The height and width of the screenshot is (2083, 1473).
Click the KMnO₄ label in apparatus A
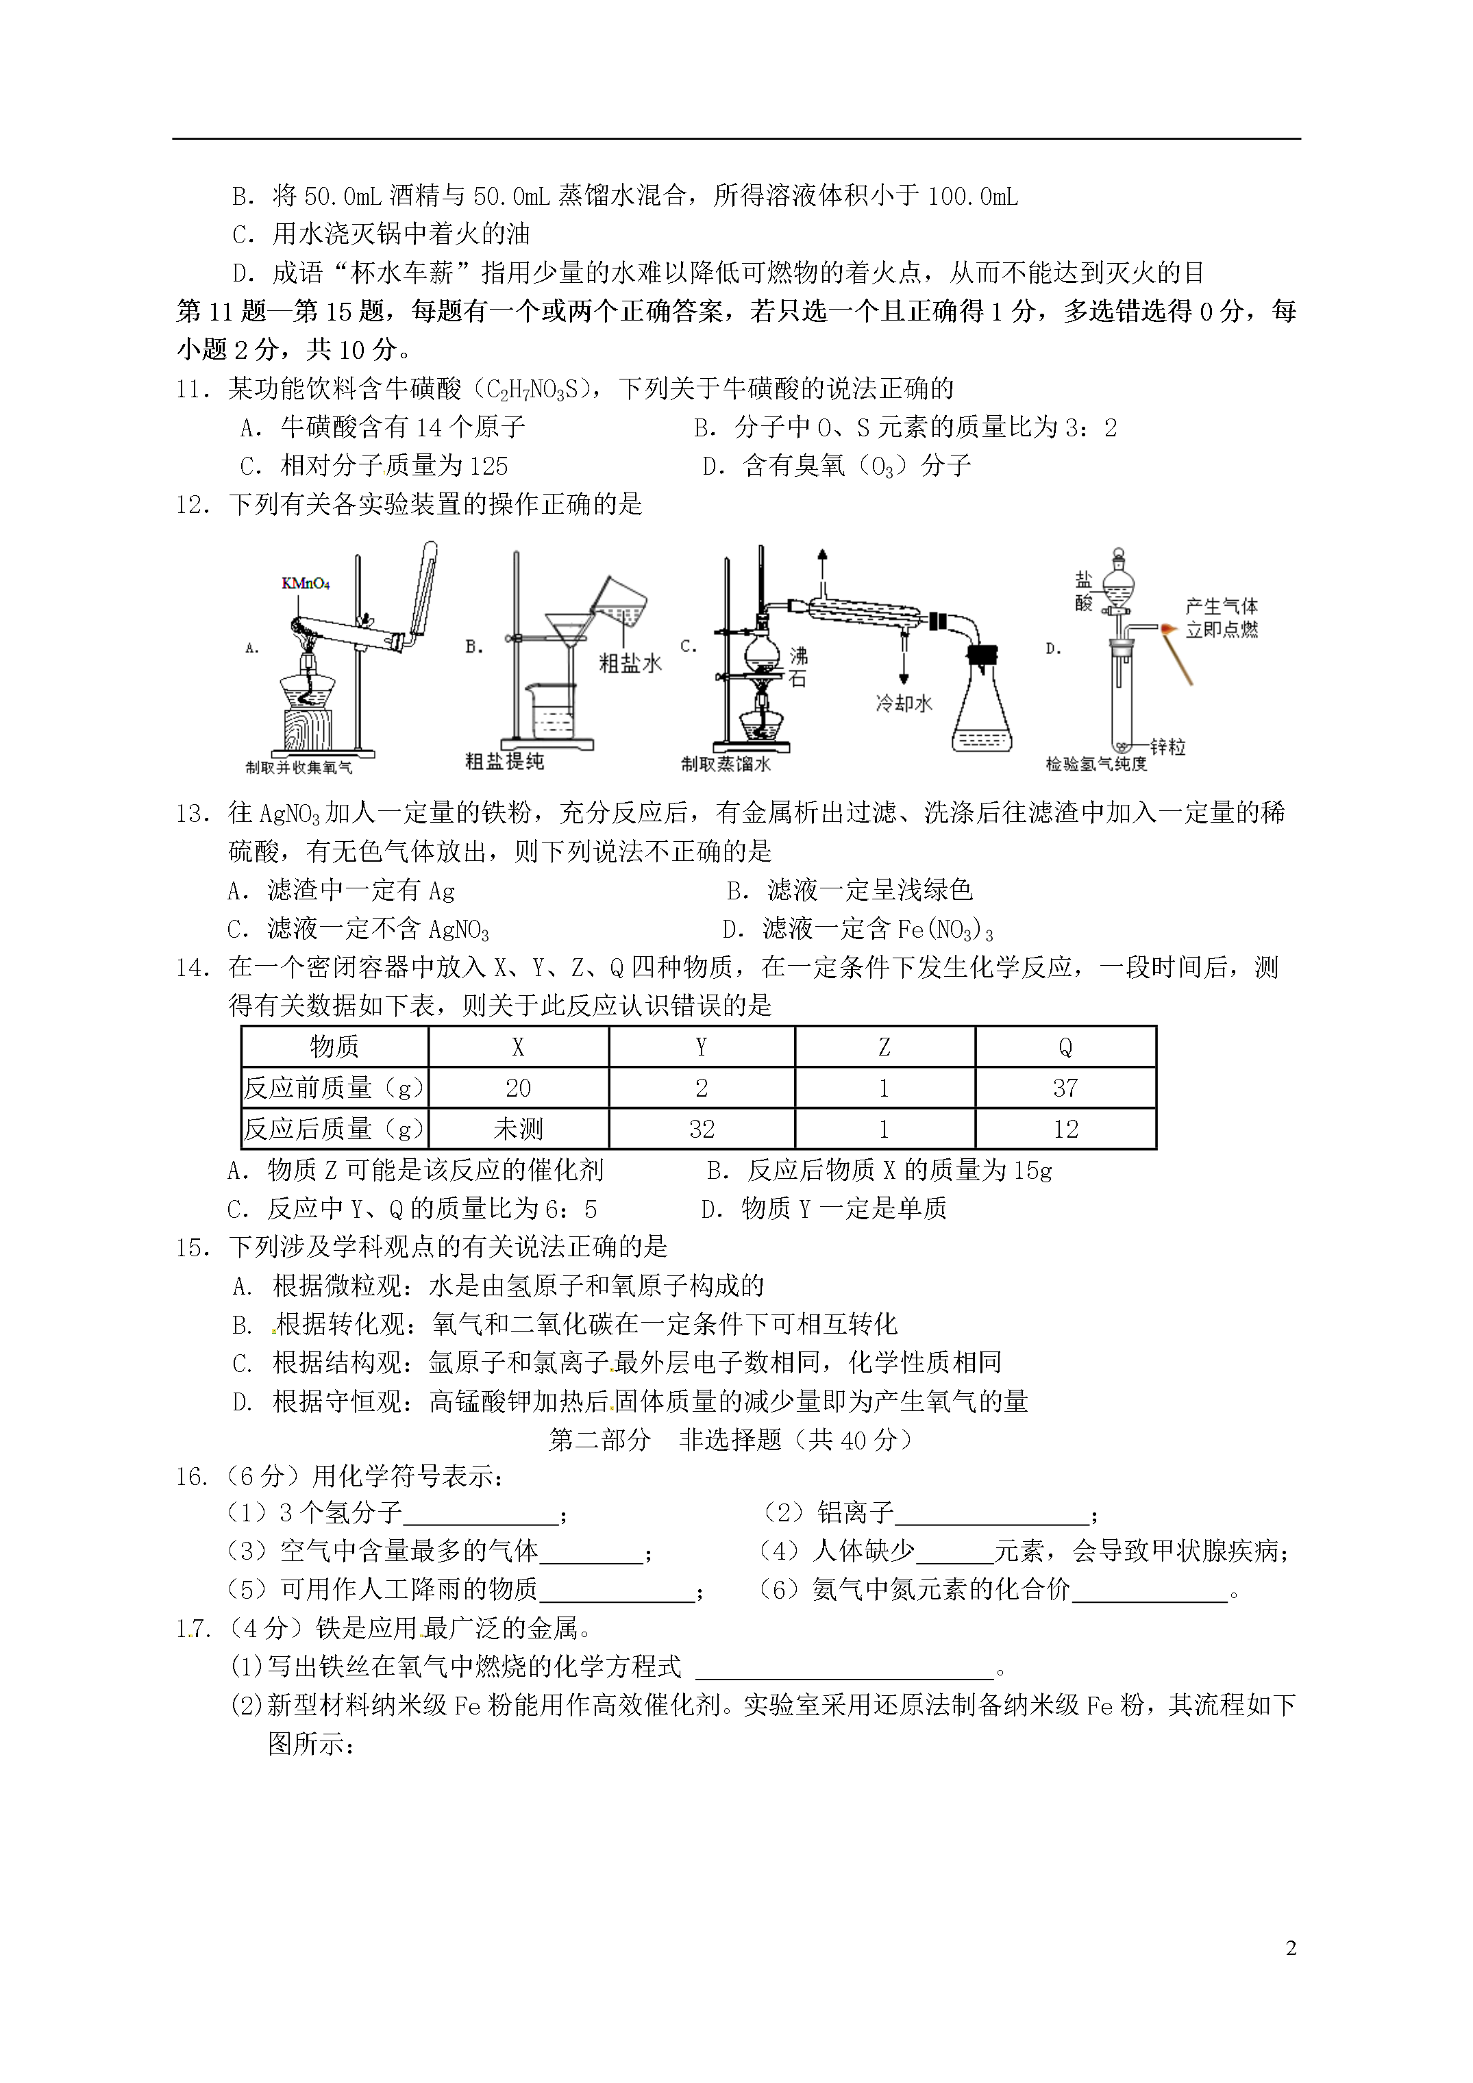point(305,584)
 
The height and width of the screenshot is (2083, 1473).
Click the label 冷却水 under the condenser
point(903,703)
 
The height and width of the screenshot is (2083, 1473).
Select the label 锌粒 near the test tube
point(1167,747)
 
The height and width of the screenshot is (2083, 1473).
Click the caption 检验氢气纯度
point(1096,764)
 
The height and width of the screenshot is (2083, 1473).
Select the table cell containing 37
point(1065,1088)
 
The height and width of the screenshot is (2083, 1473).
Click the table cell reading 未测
point(517,1129)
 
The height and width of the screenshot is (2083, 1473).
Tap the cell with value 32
point(701,1129)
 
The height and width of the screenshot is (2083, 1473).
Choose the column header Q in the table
point(1065,1047)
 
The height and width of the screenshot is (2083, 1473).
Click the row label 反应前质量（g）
point(334,1088)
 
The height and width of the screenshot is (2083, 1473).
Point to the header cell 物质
point(334,1047)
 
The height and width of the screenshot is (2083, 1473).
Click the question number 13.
point(193,814)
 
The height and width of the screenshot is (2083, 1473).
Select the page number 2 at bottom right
point(1291,1948)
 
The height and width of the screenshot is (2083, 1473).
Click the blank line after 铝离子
point(991,1513)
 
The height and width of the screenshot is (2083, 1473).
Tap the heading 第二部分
point(600,1440)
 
